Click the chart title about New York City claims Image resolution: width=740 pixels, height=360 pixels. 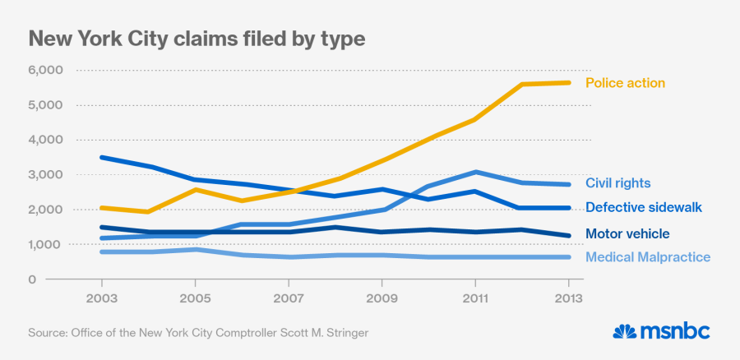[x=197, y=38]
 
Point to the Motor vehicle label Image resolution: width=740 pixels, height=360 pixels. [x=627, y=234]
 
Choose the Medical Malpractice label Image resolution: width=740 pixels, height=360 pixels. [x=648, y=258]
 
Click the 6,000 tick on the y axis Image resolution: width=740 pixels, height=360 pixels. [x=45, y=71]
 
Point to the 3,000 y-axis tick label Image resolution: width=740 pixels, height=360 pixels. [x=45, y=175]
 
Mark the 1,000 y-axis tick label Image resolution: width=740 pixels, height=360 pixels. [x=45, y=245]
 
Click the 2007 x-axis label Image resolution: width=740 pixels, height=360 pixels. [x=289, y=298]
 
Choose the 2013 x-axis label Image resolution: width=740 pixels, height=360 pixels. [x=569, y=298]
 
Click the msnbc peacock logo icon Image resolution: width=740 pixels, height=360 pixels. [x=627, y=331]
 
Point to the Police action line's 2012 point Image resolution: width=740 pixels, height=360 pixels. [x=524, y=84]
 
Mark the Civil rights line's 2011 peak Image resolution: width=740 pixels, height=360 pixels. [x=476, y=172]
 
